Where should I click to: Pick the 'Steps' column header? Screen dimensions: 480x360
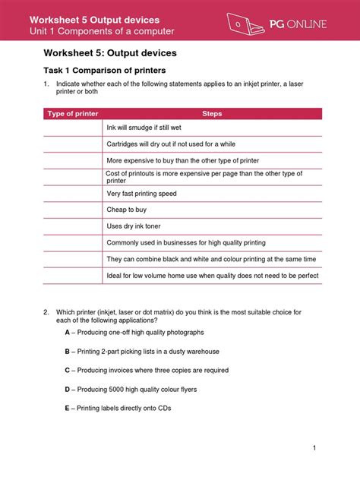pos(212,114)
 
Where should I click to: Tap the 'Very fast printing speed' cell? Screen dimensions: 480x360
pos(141,194)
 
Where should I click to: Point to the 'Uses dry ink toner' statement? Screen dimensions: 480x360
pos(133,226)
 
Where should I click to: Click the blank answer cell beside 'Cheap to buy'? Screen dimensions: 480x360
pos(72,210)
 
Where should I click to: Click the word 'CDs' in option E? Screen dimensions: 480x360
pos(164,408)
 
